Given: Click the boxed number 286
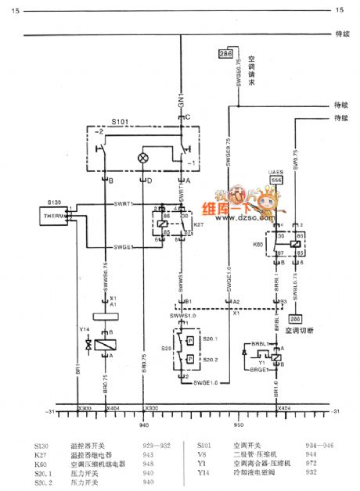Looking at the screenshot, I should [225, 53].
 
